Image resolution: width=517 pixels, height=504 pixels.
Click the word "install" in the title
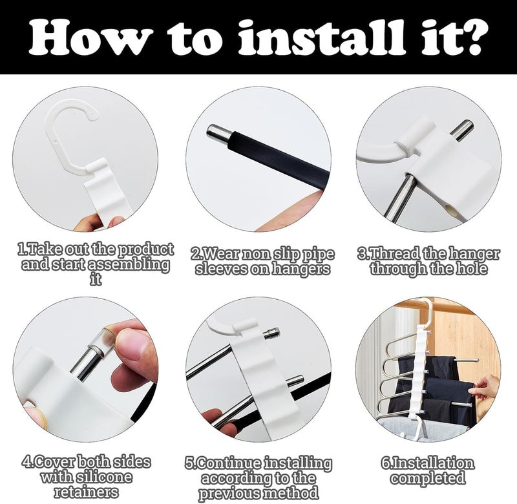[321, 37]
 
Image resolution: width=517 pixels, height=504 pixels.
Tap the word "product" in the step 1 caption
[145, 250]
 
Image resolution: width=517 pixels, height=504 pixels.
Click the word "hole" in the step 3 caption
[471, 269]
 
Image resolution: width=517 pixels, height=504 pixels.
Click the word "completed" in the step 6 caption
[428, 478]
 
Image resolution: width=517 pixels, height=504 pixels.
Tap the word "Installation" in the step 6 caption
[432, 463]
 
